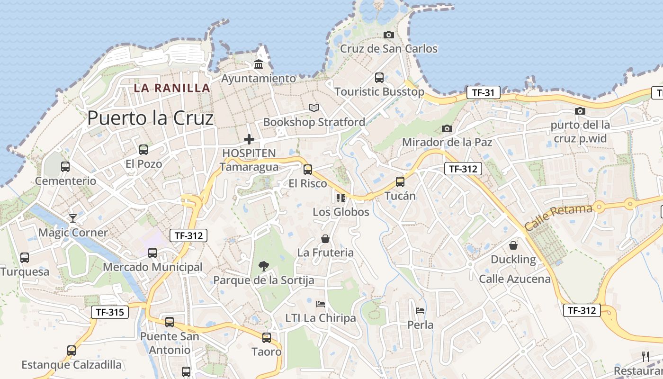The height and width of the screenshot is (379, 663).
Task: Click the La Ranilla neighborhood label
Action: pos(171,88)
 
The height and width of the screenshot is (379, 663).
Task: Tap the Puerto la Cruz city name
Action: pos(150,118)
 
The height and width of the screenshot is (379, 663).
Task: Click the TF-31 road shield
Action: pos(483,92)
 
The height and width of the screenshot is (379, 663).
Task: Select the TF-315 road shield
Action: pos(109,312)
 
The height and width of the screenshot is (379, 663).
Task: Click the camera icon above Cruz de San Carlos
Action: pos(388,35)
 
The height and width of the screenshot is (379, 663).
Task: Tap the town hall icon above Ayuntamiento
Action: pos(259,64)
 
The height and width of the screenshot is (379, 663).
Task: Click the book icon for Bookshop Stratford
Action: pos(314,108)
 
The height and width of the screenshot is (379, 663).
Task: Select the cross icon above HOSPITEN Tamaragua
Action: pos(249,139)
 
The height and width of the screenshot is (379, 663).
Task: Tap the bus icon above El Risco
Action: pos(308,169)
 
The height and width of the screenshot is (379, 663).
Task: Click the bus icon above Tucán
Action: pos(400,181)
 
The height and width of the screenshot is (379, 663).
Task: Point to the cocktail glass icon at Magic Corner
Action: pos(72,218)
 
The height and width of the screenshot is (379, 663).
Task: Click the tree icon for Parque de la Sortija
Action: pos(264,266)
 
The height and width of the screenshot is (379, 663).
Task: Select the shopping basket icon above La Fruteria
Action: pos(325,238)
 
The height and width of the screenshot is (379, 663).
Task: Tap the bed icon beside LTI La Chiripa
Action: pos(321,304)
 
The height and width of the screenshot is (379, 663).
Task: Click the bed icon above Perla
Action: pos(420,311)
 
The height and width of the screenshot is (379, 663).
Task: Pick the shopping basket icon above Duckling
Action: pos(513,245)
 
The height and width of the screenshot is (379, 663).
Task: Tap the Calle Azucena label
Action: pos(515,279)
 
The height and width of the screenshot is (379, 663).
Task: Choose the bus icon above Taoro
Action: pos(267,337)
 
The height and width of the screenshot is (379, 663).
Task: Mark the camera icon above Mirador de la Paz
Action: pos(447,128)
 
